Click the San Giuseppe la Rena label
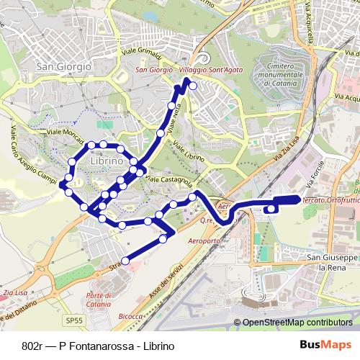point(332,261)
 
